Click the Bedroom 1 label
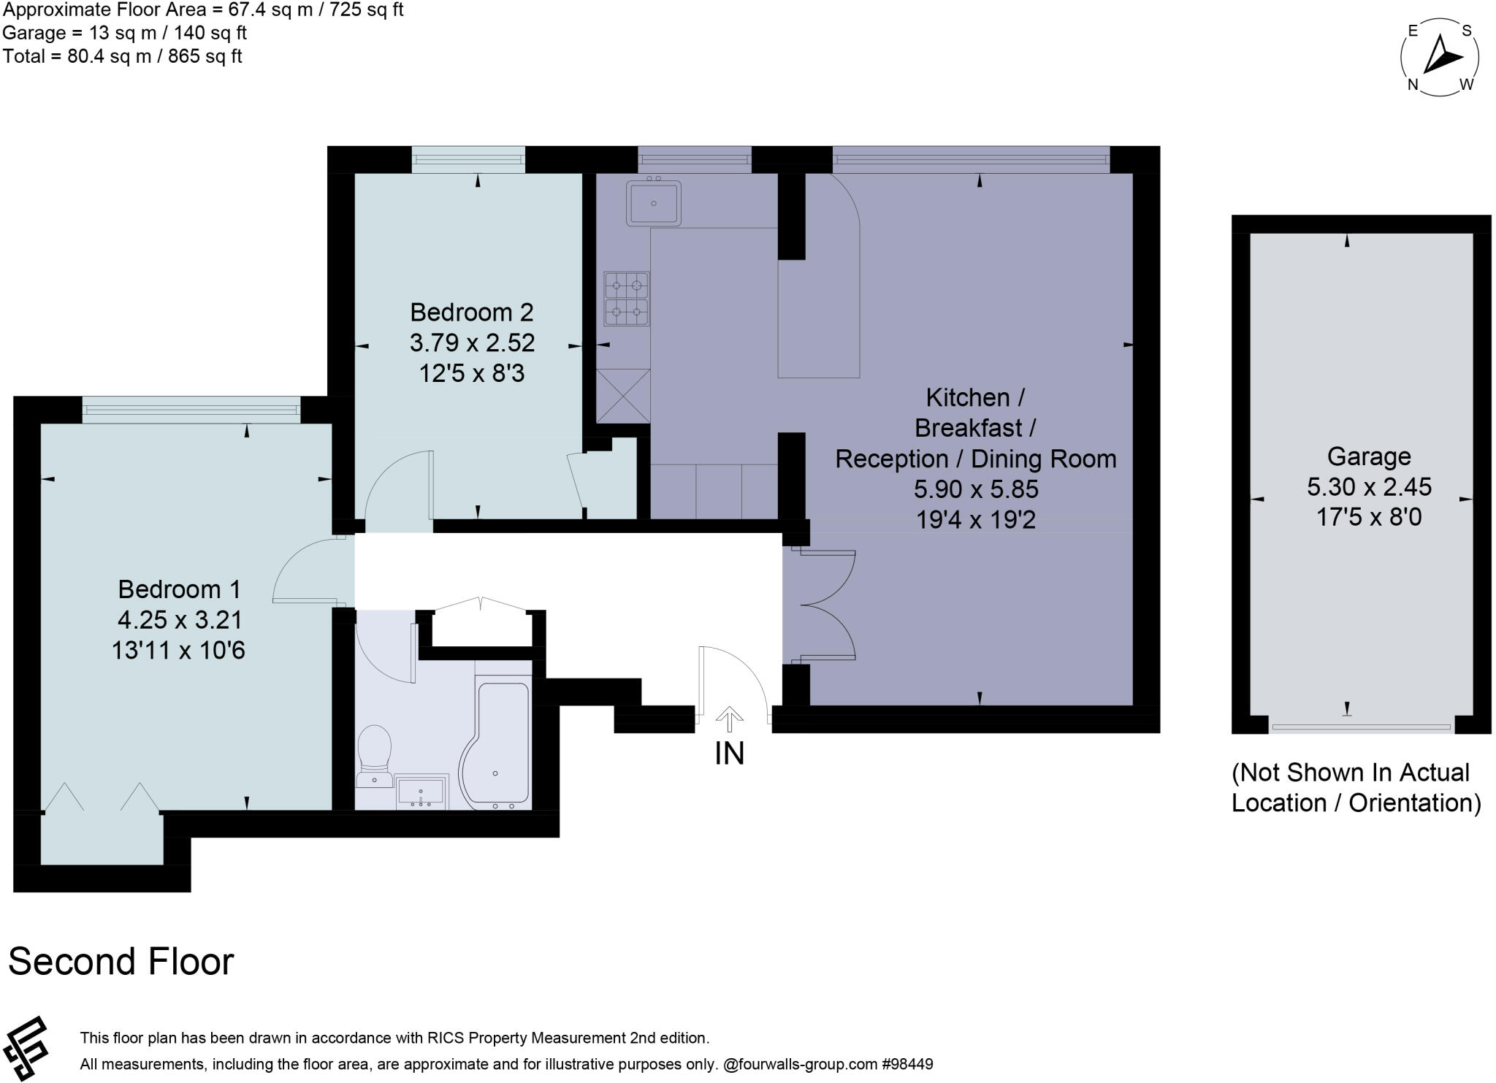pyautogui.click(x=179, y=589)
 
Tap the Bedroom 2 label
pyautogui.click(x=471, y=313)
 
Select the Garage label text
pyautogui.click(x=1368, y=457)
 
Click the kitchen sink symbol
pyautogui.click(x=653, y=202)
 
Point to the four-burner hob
pyautogui.click(x=627, y=298)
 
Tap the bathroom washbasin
pyautogui.click(x=422, y=792)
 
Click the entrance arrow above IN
pyautogui.click(x=729, y=719)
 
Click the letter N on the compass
pyautogui.click(x=1413, y=85)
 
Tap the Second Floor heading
pyautogui.click(x=121, y=962)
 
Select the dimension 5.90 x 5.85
pyautogui.click(x=975, y=489)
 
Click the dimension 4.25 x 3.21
pyautogui.click(x=179, y=620)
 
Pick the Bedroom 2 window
pyautogui.click(x=467, y=159)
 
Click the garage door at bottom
pyautogui.click(x=1360, y=727)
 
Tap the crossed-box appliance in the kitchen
pyautogui.click(x=623, y=395)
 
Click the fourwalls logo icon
pyautogui.click(x=26, y=1049)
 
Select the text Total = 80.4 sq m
pyautogui.click(x=122, y=56)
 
